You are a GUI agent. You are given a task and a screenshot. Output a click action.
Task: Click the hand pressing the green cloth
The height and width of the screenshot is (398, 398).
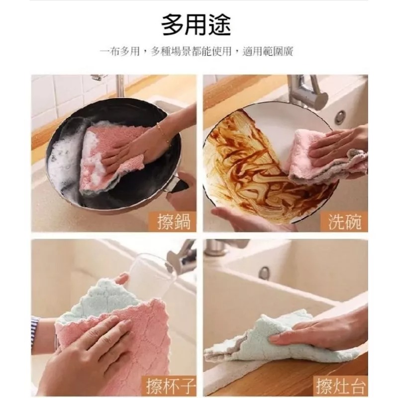[318, 333]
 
